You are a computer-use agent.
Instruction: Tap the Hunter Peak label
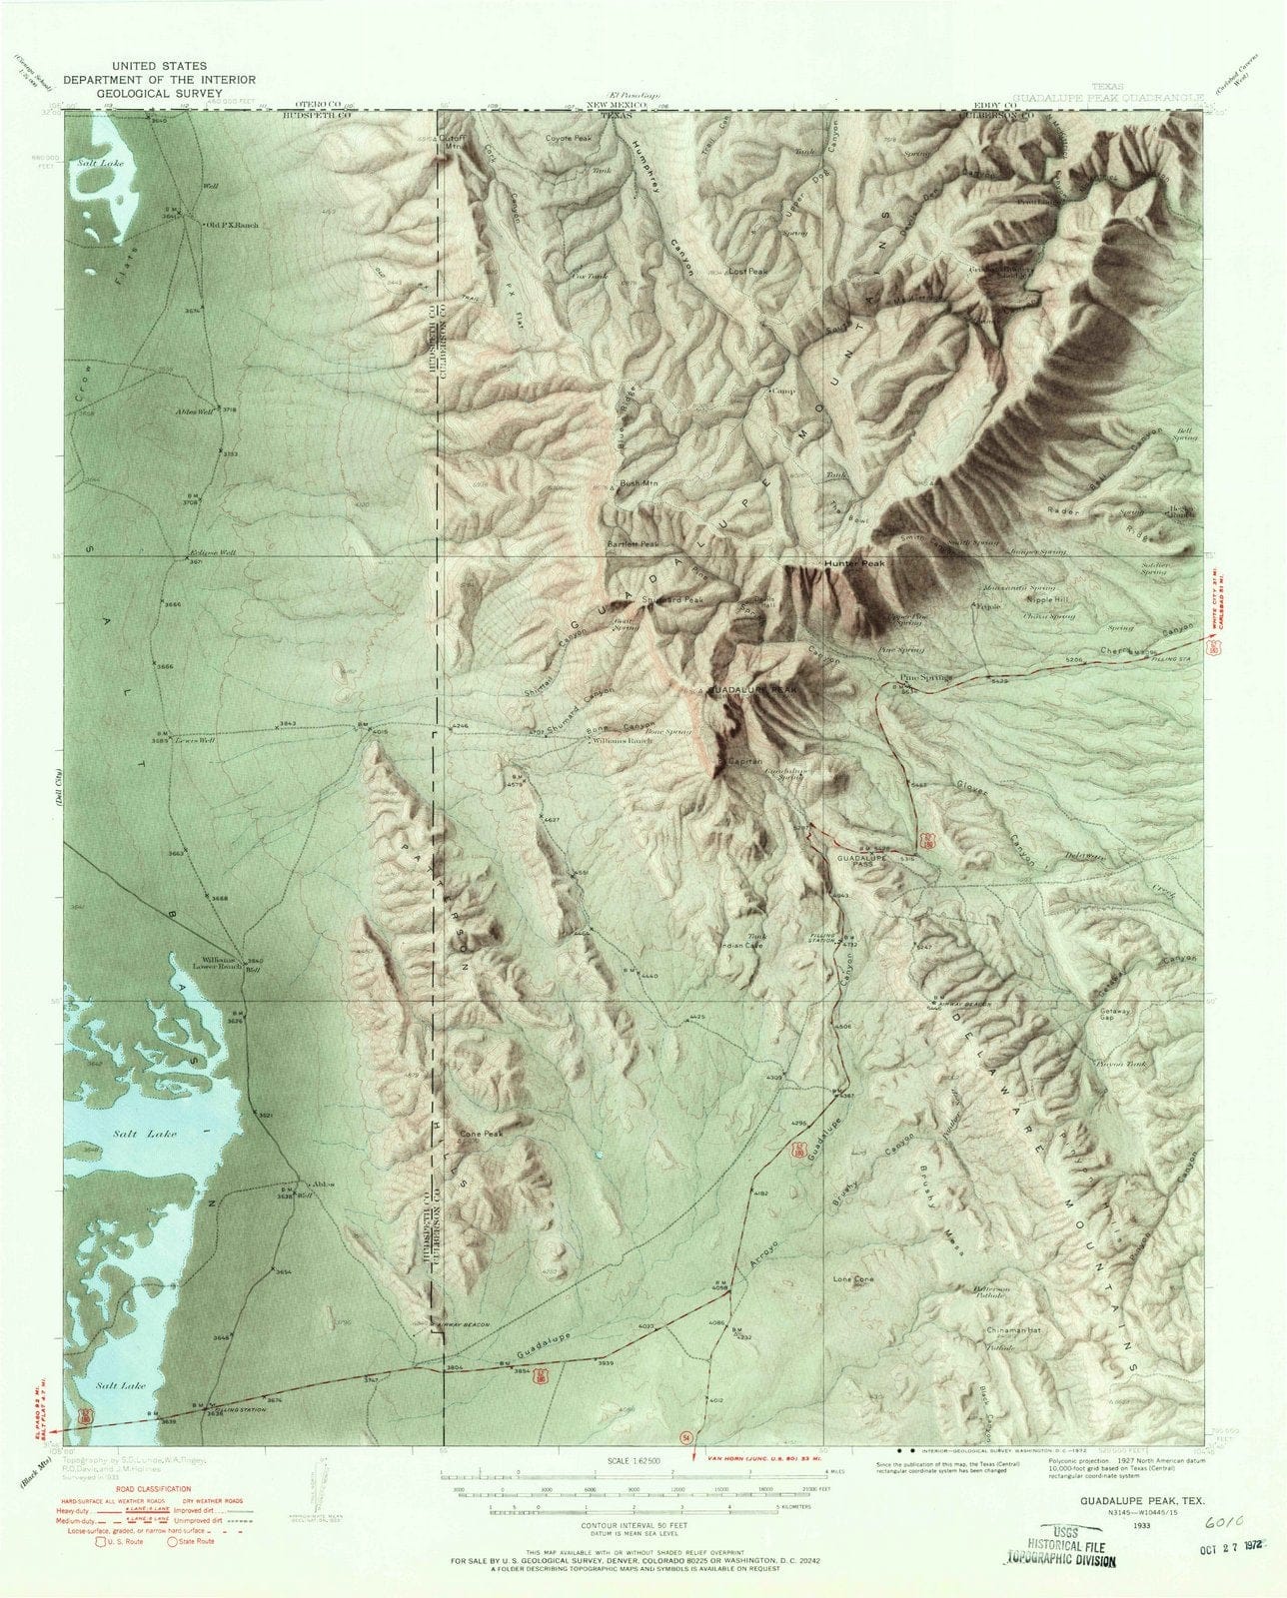click(x=854, y=565)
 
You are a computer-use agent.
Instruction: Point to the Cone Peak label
click(x=480, y=1135)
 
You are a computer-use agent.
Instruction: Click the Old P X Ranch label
click(x=232, y=226)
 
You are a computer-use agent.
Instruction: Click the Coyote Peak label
click(x=569, y=139)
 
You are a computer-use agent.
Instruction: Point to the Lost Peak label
click(x=747, y=272)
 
